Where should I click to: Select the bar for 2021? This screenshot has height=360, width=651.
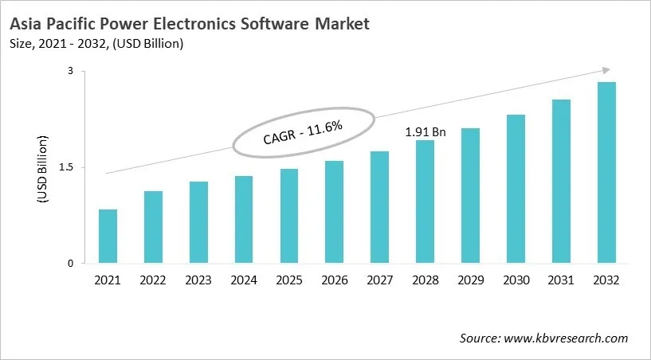pyautogui.click(x=108, y=237)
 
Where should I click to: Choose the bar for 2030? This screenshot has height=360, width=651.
pyautogui.click(x=516, y=189)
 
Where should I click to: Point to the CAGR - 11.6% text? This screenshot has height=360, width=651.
pyautogui.click(x=303, y=131)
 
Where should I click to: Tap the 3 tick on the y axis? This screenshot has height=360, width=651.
pyautogui.click(x=70, y=72)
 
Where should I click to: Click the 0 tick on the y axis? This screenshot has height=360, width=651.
pyautogui.click(x=70, y=264)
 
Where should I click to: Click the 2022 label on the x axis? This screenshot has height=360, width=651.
pyautogui.click(x=153, y=280)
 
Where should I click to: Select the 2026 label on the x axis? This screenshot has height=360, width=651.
pyautogui.click(x=335, y=280)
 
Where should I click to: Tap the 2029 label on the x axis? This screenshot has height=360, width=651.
pyautogui.click(x=470, y=280)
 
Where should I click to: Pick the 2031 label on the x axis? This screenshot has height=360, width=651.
pyautogui.click(x=561, y=280)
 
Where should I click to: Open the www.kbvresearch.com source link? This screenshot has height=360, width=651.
pyautogui.click(x=567, y=338)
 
